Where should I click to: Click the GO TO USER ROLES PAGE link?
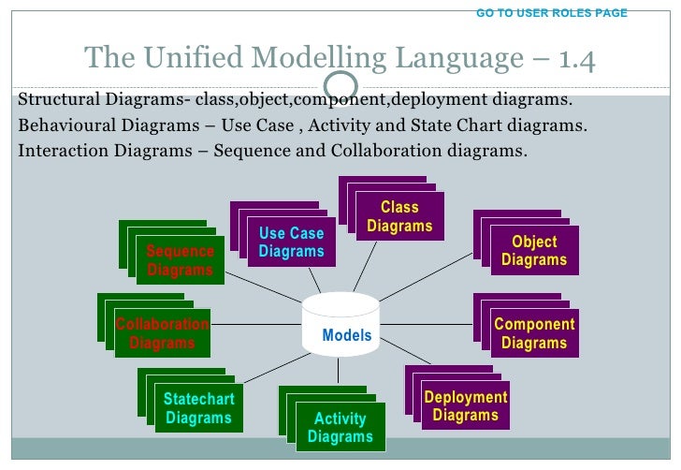552,13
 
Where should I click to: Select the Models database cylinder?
340,323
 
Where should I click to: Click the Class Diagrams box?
399,216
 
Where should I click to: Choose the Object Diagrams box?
534,250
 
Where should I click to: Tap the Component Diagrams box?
534,333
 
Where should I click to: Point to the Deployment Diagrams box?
465,405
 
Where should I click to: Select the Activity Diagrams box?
340,427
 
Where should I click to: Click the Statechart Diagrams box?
198,408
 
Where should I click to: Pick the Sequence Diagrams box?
181,260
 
